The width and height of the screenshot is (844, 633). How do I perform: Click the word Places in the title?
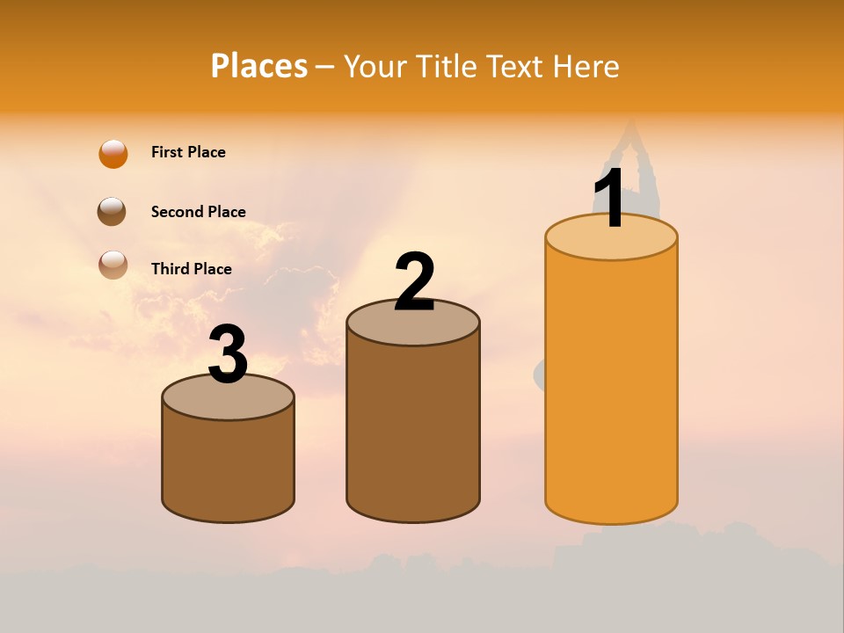click(x=258, y=66)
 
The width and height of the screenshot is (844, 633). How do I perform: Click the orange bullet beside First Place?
click(x=113, y=154)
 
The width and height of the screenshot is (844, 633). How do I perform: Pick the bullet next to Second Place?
click(x=113, y=212)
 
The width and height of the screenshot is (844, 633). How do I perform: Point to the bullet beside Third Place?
click(x=113, y=265)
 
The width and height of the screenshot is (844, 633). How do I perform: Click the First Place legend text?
click(x=188, y=152)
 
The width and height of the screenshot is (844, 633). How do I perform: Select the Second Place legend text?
click(x=198, y=211)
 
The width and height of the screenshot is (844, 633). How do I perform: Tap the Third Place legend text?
click(x=191, y=269)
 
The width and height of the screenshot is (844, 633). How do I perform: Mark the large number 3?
click(x=229, y=354)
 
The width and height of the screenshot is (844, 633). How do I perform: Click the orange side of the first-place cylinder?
click(x=611, y=387)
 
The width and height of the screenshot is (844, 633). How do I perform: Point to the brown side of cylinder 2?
click(x=413, y=431)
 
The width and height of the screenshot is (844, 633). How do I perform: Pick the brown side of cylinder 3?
click(x=229, y=466)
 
